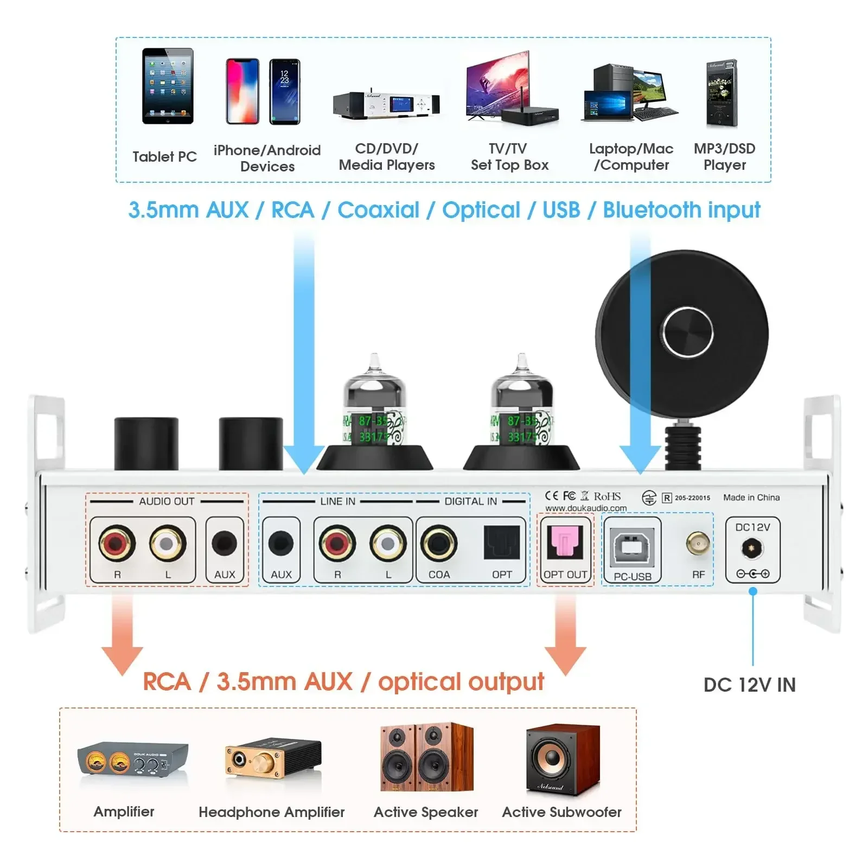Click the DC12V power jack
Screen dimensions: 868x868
tap(752, 548)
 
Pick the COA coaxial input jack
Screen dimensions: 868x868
tap(438, 542)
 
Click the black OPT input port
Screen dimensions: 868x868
tap(502, 543)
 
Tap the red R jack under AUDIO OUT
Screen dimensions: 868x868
tap(117, 542)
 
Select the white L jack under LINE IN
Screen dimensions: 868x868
tap(388, 542)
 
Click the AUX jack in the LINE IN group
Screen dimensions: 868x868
tap(281, 543)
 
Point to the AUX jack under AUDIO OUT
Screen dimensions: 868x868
tap(224, 543)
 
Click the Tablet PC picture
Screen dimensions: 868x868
tap(168, 87)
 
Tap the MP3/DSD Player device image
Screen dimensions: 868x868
tap(722, 93)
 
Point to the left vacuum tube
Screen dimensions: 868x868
tap(374, 412)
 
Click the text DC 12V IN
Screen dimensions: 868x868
tap(749, 685)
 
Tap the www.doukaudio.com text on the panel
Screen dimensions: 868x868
tap(585, 508)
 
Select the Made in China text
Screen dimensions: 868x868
tap(751, 497)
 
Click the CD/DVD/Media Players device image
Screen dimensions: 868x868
tap(386, 104)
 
